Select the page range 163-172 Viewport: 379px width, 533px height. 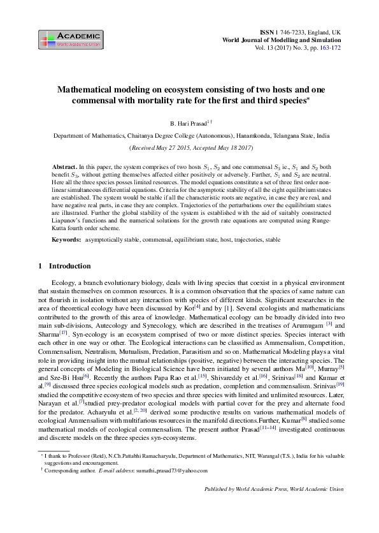point(327,48)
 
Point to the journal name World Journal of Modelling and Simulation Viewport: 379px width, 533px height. point(281,40)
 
